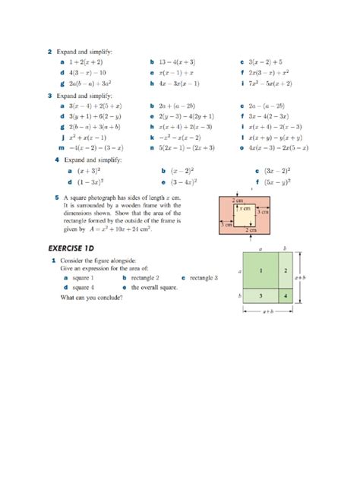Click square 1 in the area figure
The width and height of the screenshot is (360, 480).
[x=261, y=270]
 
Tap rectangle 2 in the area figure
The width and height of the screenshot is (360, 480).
[x=286, y=270]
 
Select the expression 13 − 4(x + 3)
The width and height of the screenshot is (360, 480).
[x=177, y=60]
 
